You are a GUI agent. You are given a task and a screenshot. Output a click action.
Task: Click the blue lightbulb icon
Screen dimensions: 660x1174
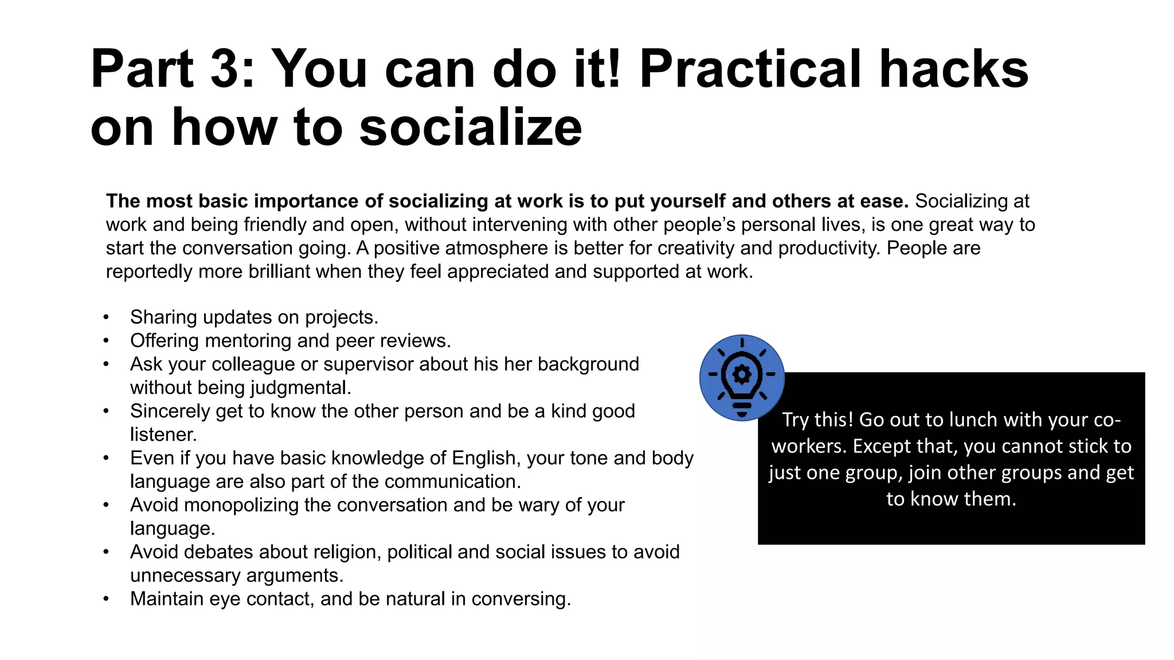coord(742,378)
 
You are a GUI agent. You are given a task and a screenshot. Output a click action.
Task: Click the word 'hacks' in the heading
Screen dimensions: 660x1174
coord(954,69)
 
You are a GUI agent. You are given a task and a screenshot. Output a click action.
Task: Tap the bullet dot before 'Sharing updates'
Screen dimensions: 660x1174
coord(106,317)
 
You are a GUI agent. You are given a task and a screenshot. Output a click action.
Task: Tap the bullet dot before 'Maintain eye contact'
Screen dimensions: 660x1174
coord(106,599)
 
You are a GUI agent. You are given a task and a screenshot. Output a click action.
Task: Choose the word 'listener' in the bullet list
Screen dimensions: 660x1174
coord(163,435)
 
